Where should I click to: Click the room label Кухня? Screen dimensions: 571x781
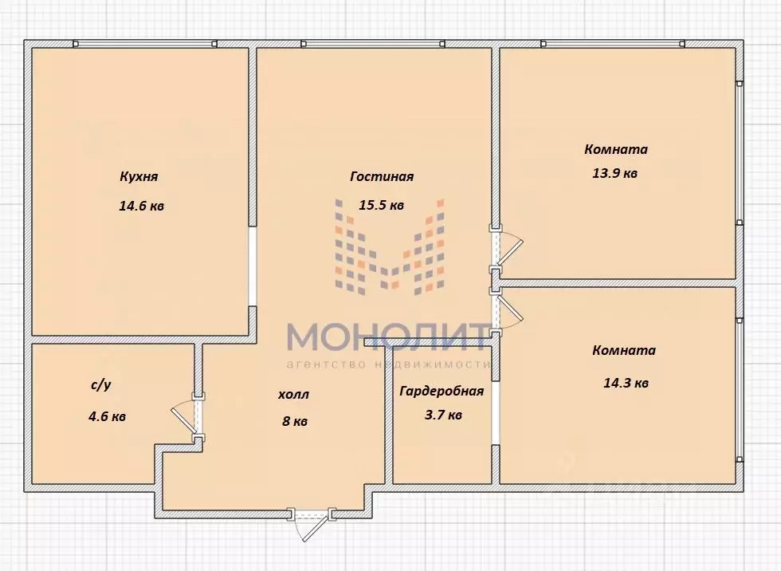[139, 177]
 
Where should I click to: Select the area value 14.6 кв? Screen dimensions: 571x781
[142, 206]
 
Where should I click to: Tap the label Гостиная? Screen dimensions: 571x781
[381, 177]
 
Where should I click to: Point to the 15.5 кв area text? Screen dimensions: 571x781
[381, 205]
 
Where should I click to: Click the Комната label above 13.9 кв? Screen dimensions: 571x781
[615, 149]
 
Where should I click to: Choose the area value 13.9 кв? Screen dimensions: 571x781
[614, 173]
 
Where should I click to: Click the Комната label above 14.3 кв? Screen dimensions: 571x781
[624, 350]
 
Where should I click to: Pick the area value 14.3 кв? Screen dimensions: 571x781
[626, 383]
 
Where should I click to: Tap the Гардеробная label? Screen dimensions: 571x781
[442, 391]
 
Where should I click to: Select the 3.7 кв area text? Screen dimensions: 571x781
[442, 415]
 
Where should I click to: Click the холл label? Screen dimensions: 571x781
[292, 395]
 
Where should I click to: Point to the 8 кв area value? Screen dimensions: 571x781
[294, 422]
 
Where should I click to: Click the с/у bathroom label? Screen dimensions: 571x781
[101, 385]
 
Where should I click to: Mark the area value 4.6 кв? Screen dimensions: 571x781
[106, 416]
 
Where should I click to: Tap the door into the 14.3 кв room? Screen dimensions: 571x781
[505, 312]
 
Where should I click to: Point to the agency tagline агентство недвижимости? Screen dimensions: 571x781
[387, 364]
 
